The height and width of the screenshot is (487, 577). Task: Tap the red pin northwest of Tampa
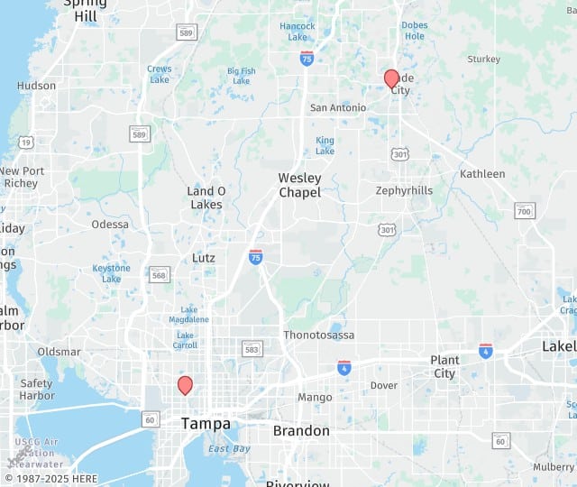click(x=185, y=385)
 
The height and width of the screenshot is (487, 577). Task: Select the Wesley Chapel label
click(x=300, y=185)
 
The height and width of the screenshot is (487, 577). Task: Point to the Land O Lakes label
click(x=206, y=198)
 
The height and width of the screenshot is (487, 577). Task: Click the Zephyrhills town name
click(x=404, y=190)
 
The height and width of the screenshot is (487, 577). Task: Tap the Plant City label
click(x=444, y=366)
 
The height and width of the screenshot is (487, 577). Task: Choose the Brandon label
click(x=301, y=431)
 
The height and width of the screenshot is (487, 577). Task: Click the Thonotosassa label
click(x=319, y=335)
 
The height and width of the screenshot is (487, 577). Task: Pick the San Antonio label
click(x=338, y=108)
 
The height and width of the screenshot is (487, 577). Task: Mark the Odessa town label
click(x=110, y=225)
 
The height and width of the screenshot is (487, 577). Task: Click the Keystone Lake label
click(x=111, y=273)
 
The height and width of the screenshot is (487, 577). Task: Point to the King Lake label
click(x=325, y=145)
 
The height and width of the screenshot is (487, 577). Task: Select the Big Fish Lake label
click(x=242, y=76)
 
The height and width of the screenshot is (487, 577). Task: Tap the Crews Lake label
click(x=160, y=74)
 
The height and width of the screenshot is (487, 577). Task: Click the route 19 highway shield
click(x=26, y=142)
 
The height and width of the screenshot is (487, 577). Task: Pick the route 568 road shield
click(x=160, y=274)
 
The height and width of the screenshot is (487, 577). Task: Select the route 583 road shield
click(x=252, y=349)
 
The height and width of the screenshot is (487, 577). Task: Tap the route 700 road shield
click(x=524, y=211)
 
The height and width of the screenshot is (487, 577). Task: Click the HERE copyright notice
click(x=52, y=478)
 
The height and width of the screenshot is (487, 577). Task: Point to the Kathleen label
click(x=482, y=173)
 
